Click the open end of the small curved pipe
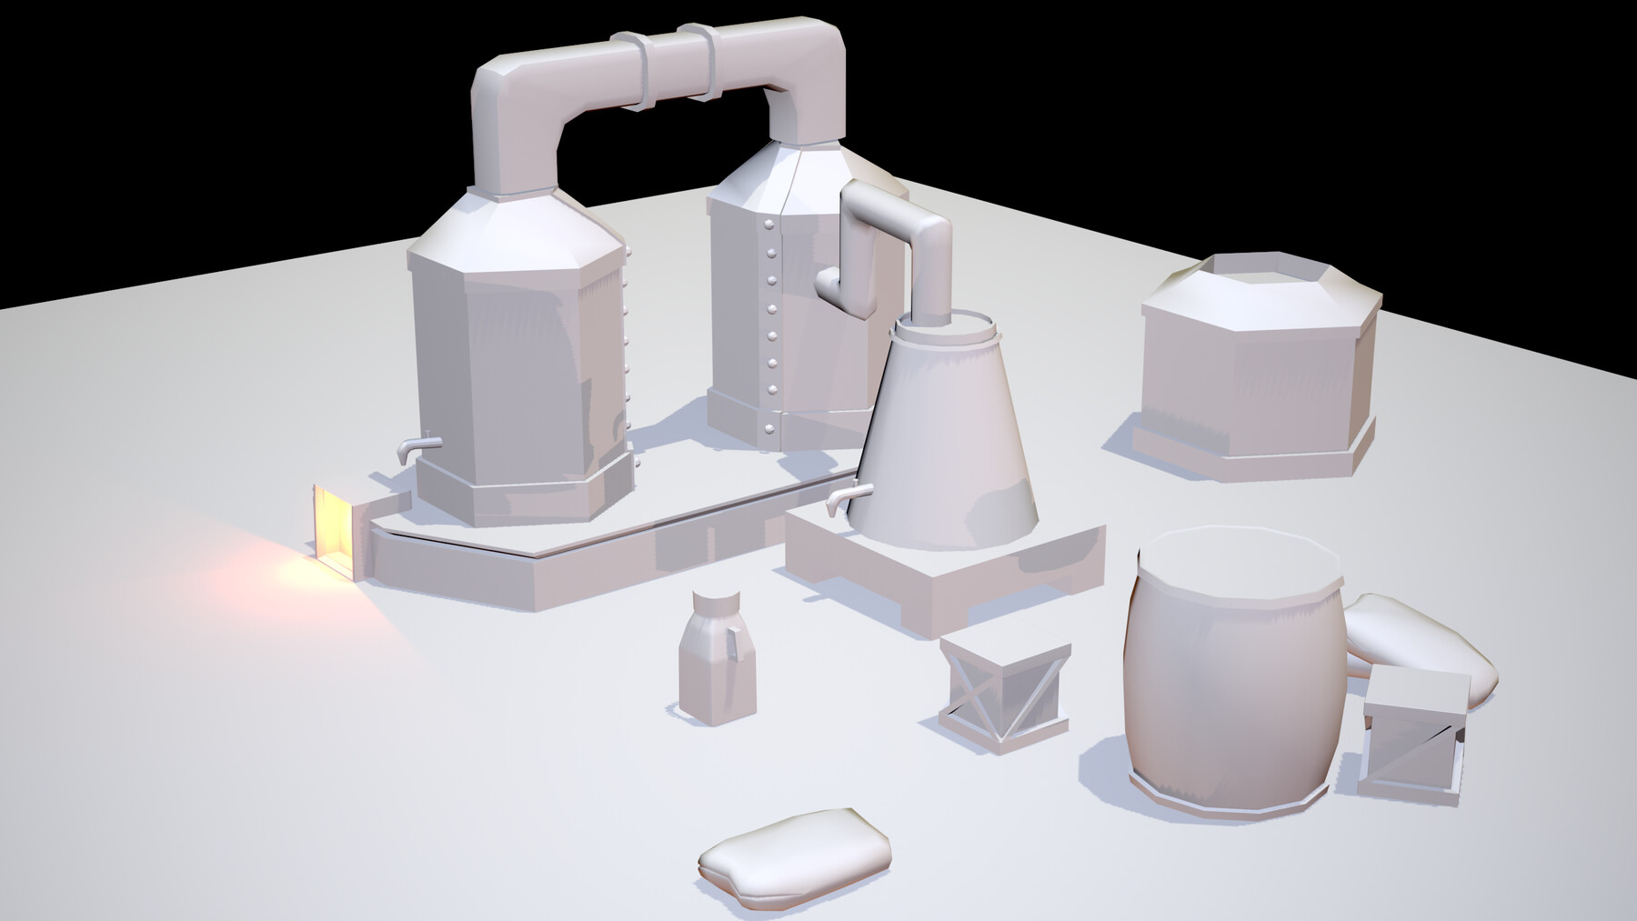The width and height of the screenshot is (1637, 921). coord(828,282)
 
